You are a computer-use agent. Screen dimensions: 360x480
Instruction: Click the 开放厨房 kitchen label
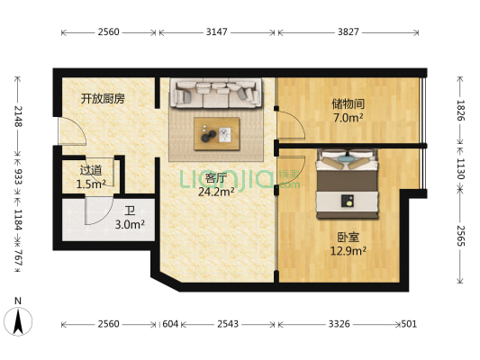[x=102, y=98]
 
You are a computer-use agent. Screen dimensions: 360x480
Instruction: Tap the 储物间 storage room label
[x=347, y=103]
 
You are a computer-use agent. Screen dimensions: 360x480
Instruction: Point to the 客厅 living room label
[x=214, y=177]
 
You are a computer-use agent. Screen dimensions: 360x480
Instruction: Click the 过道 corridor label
[x=91, y=170]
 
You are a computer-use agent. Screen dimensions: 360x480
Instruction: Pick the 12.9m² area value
[x=348, y=253]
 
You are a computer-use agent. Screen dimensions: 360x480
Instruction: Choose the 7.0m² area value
[x=348, y=117]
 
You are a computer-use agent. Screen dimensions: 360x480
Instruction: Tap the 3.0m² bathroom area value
[x=130, y=225]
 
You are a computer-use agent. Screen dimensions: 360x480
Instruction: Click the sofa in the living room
[x=216, y=93]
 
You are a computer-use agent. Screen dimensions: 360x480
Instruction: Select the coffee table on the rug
[x=216, y=133]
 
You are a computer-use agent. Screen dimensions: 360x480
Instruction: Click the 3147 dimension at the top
[x=216, y=32]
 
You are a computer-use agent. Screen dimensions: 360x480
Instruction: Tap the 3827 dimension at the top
[x=348, y=32]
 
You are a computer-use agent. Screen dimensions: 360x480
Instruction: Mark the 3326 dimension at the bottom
[x=340, y=323]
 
